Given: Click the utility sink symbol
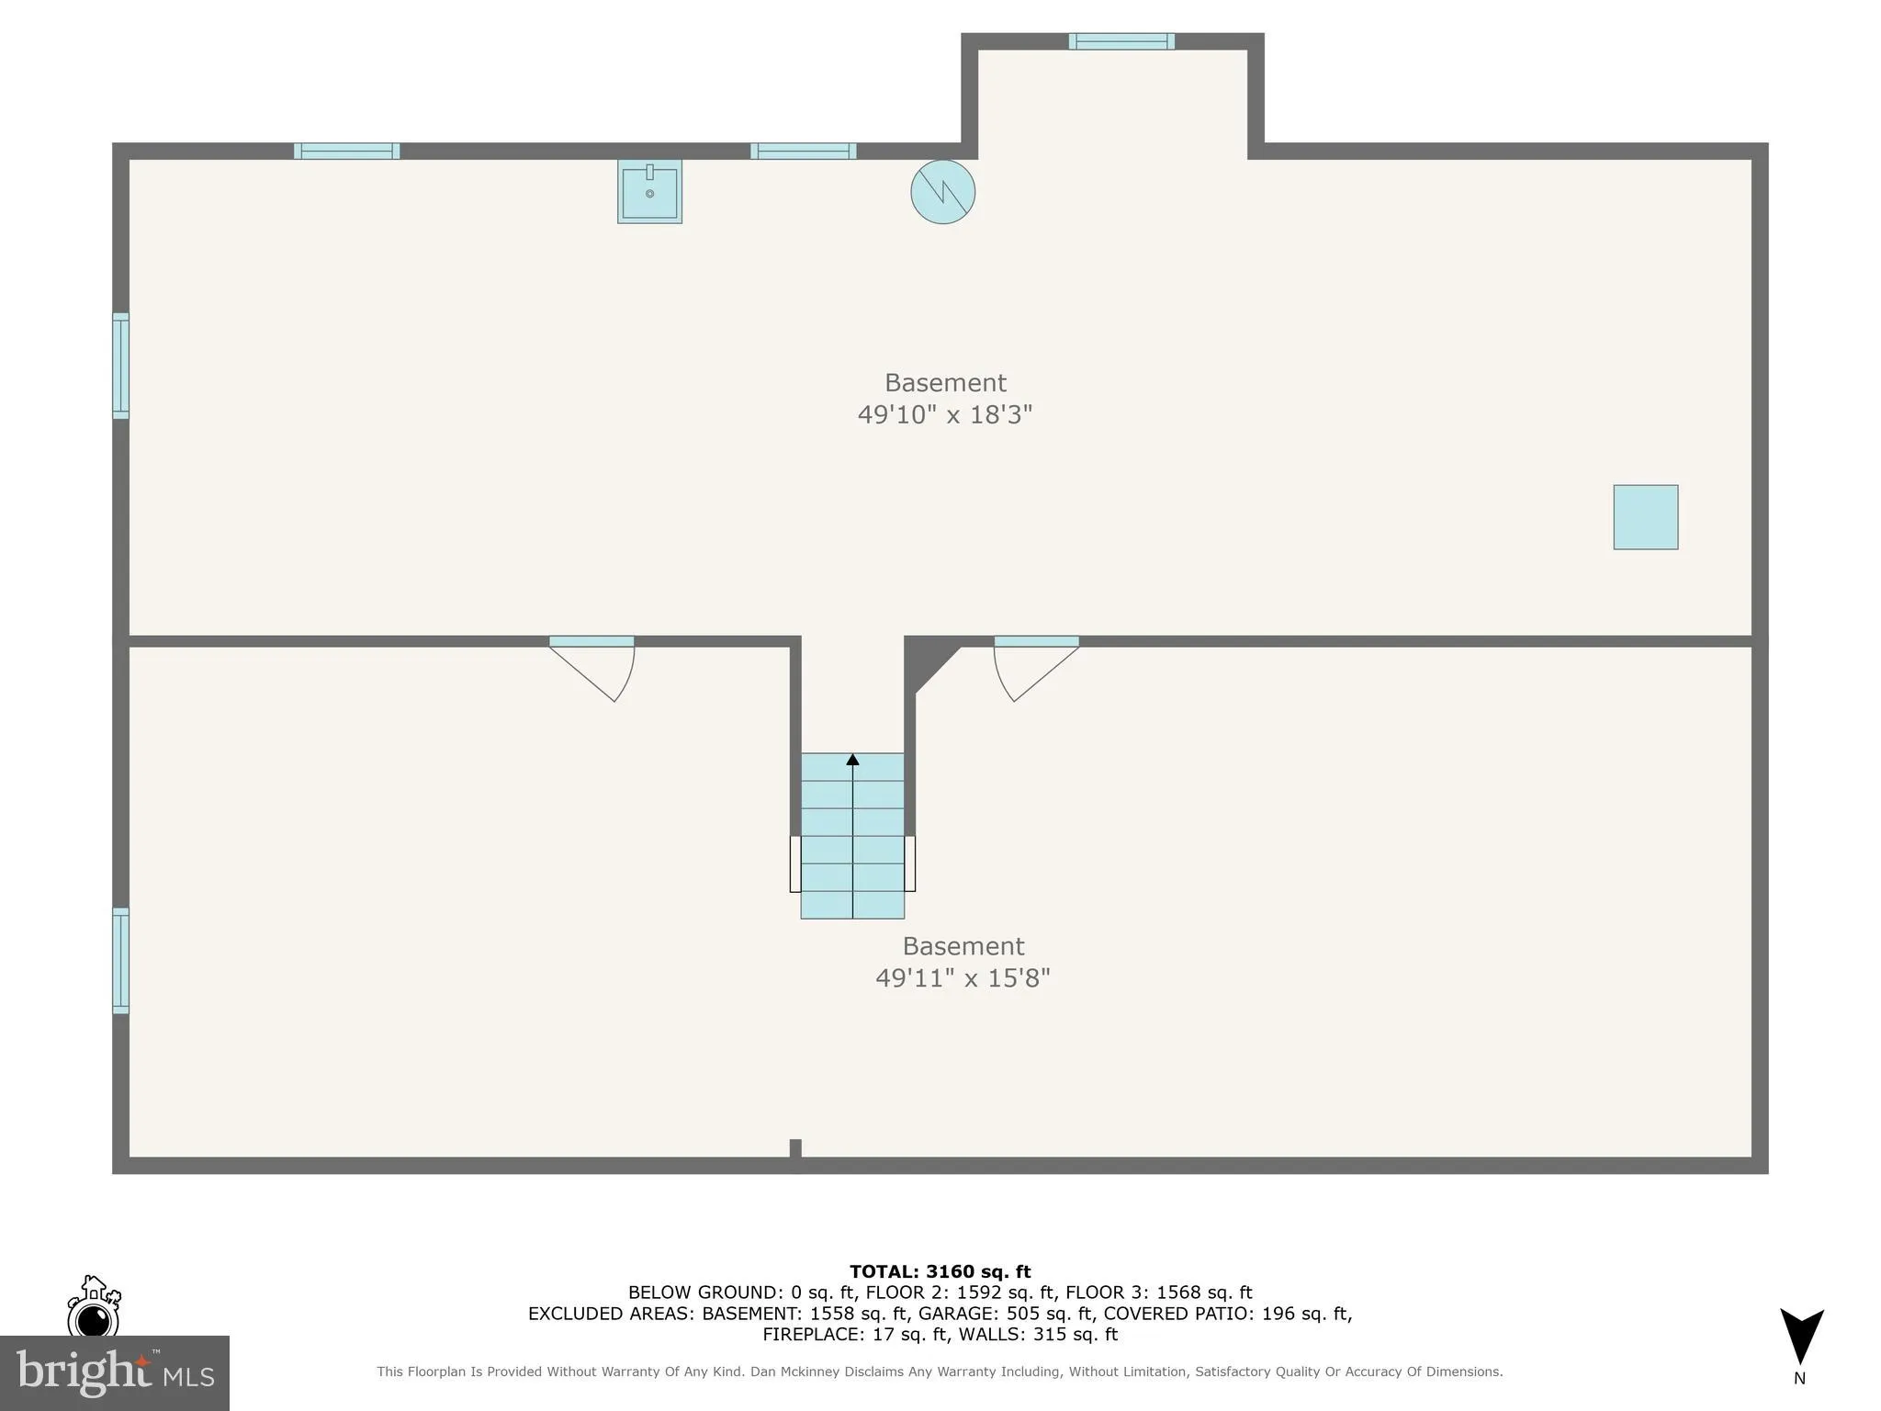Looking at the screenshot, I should [649, 191].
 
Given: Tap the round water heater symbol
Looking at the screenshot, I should [942, 192].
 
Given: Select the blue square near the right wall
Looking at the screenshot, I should [1645, 517].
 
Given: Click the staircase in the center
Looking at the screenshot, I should [852, 836].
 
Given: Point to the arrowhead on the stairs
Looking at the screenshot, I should [852, 760].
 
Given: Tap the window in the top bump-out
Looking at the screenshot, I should [1121, 41].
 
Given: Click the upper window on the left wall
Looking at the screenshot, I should [120, 366].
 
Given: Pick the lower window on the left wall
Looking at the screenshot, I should [120, 961].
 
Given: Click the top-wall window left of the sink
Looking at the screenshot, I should [346, 152].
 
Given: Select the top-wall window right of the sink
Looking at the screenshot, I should [803, 152].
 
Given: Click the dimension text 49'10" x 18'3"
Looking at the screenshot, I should [944, 414].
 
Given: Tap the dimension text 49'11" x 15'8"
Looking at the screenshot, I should [962, 977].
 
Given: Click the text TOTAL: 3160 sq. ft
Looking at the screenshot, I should [940, 1272].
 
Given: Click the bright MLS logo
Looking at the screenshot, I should [114, 1372].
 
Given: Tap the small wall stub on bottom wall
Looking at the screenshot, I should [795, 1147].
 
